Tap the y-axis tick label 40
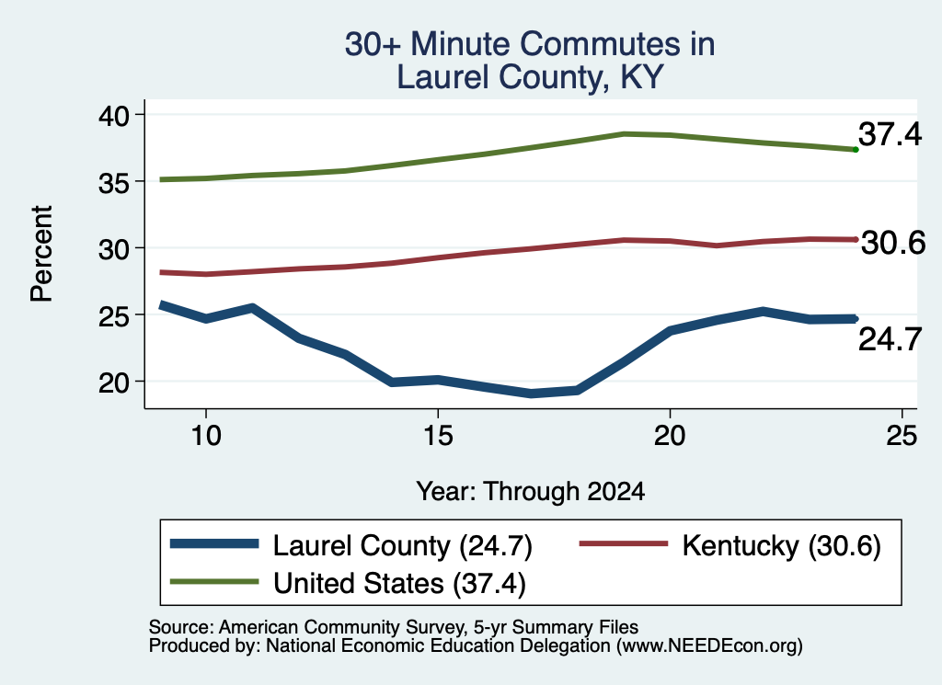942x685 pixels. [113, 116]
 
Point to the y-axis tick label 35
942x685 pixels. [113, 182]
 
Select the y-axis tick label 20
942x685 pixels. [113, 383]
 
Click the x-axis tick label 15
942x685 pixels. [438, 435]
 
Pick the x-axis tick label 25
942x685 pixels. [902, 435]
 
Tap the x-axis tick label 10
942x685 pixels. [206, 435]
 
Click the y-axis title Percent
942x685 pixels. [42, 254]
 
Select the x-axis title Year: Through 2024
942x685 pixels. [531, 492]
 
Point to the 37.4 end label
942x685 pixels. [890, 134]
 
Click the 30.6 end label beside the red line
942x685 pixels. [893, 243]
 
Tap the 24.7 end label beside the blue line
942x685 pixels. [890, 340]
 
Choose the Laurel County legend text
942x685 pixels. [361, 546]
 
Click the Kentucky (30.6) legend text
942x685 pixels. [782, 546]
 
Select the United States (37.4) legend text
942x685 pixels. [399, 584]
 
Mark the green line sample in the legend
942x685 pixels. [214, 581]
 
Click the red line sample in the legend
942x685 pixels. [624, 543]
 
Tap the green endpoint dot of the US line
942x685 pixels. [856, 150]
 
